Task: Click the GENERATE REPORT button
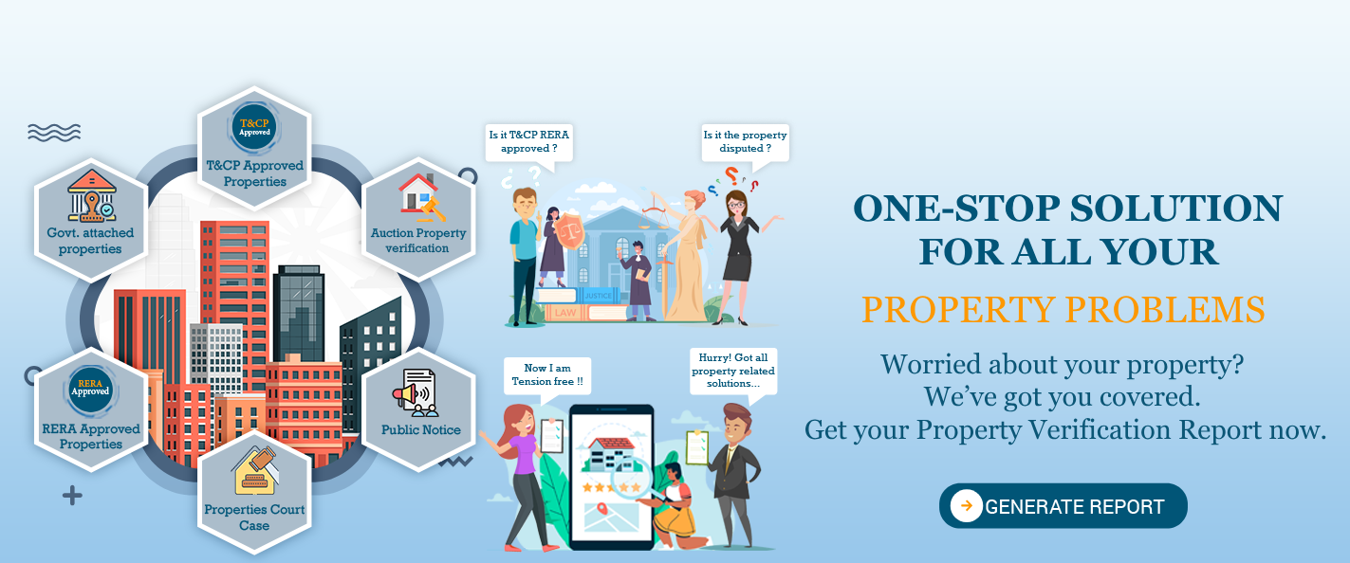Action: (x=1063, y=506)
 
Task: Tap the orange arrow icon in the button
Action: (x=966, y=505)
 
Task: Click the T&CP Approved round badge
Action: (x=254, y=128)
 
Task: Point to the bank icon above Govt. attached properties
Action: (x=91, y=195)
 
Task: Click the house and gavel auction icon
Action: (x=421, y=197)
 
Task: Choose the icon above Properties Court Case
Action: (x=255, y=470)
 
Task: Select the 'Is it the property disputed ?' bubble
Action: (x=745, y=143)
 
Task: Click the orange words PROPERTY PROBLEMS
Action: (x=1063, y=310)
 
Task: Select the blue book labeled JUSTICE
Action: (x=599, y=295)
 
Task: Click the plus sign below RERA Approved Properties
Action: (x=72, y=496)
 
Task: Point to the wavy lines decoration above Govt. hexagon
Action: (x=54, y=133)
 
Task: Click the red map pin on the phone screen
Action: (x=602, y=509)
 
